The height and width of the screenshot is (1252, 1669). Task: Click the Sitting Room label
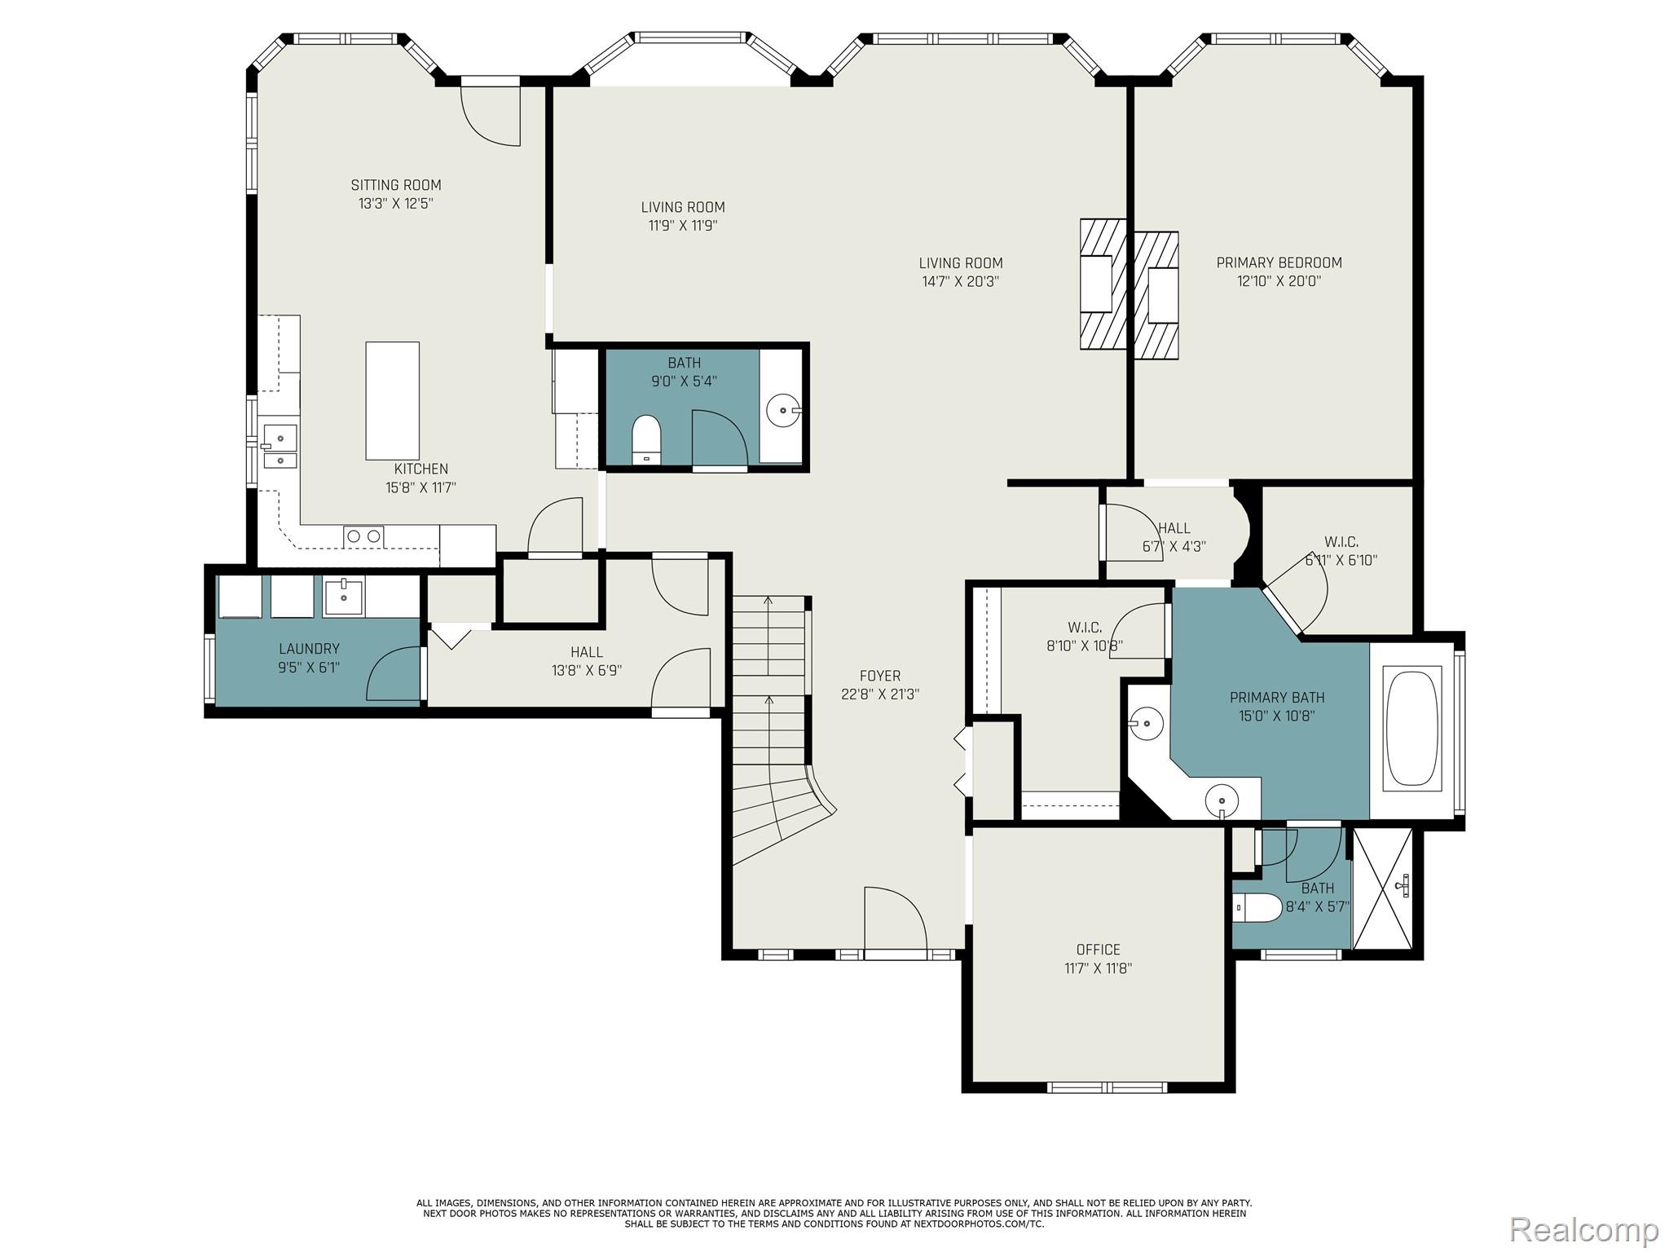pos(396,185)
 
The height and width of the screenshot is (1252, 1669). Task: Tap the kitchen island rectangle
pos(392,400)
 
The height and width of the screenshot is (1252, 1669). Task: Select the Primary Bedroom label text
pos(1279,262)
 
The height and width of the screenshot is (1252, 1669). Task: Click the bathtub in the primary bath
pos(1412,727)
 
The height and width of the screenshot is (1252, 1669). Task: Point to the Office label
pos(1098,950)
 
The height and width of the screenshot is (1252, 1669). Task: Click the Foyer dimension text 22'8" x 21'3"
pos(880,694)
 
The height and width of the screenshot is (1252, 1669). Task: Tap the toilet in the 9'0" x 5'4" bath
pos(646,439)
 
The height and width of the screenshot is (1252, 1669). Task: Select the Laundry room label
pos(309,649)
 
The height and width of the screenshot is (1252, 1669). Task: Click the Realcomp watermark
pos(1583,1228)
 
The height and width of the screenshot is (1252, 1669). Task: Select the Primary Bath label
pos(1276,698)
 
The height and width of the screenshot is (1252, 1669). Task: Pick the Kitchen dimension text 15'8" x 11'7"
pos(421,488)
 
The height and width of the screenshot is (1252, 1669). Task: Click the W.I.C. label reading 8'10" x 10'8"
pos(1084,646)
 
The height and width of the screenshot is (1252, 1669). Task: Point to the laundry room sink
pos(343,597)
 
